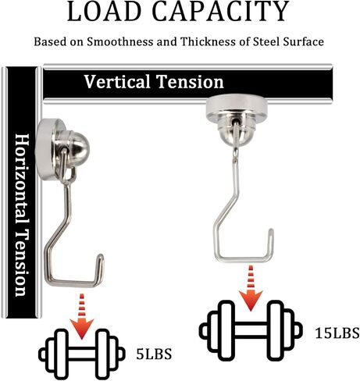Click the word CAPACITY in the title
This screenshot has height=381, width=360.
tap(221, 11)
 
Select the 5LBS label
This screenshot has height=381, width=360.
tap(154, 354)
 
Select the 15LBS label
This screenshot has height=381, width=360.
tap(337, 333)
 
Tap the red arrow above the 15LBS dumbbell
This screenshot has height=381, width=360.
tap(251, 288)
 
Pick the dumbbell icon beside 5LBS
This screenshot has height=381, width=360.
tap(82, 354)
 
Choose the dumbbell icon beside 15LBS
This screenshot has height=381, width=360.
tap(251, 330)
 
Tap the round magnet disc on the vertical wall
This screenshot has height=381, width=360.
tap(47, 148)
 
